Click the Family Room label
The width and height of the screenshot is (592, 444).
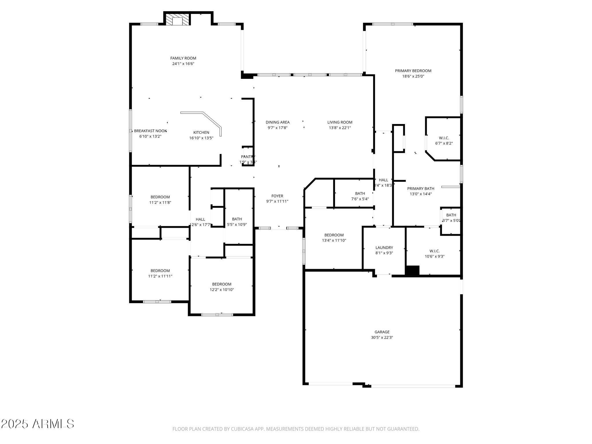[x=183, y=58]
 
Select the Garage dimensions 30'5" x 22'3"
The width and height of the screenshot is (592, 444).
[x=382, y=337]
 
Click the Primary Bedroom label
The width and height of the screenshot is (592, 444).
[x=413, y=71]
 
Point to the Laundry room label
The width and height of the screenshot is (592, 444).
[x=384, y=248]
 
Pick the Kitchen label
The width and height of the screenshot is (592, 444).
[x=201, y=133]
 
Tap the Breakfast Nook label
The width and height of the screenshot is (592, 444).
[x=150, y=131]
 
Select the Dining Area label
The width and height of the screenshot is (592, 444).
[x=277, y=122]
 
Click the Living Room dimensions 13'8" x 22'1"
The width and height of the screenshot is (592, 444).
[x=340, y=128]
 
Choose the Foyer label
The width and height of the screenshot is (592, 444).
[x=277, y=196]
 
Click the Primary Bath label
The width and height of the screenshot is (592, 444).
[x=421, y=188]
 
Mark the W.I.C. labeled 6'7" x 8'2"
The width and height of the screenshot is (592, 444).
[x=444, y=138]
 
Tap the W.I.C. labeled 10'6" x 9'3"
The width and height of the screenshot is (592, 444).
[x=434, y=251]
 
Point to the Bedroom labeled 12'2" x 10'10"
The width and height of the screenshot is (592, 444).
[x=222, y=284]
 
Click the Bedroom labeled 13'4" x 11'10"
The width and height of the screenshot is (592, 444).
[x=334, y=235]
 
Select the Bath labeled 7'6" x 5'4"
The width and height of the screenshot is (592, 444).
[x=360, y=193]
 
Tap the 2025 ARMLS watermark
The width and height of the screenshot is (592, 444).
[x=38, y=424]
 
